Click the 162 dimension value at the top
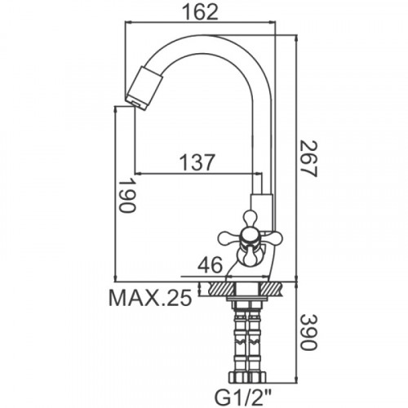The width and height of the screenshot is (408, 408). [200, 12]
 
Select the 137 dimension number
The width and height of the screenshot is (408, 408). [197, 162]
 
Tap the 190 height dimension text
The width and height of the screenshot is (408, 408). [127, 195]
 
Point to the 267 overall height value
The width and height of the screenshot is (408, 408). [309, 159]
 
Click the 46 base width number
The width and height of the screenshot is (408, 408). [210, 265]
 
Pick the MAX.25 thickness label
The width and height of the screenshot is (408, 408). [150, 298]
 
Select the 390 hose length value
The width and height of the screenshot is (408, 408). [309, 332]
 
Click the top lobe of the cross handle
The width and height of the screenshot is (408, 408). [251, 219]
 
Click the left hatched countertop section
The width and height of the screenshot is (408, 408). [221, 289]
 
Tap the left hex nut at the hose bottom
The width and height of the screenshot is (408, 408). [237, 377]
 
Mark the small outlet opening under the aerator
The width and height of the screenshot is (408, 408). [133, 103]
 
